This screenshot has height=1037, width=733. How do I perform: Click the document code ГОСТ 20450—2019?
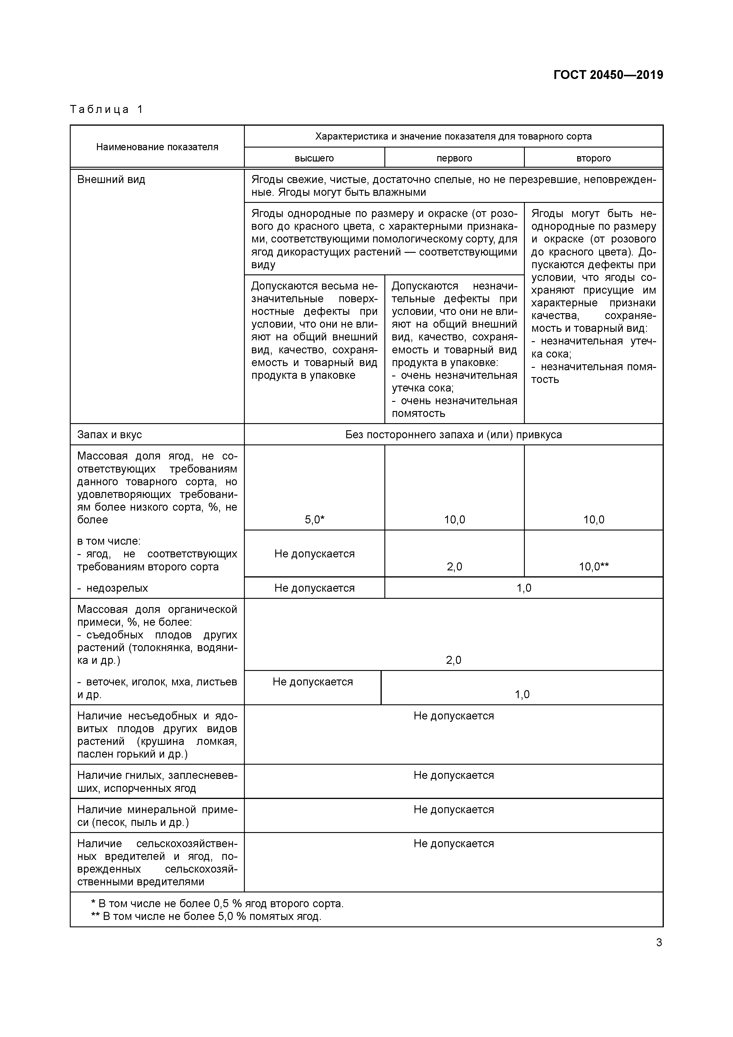point(608,75)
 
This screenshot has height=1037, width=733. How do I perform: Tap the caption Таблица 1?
point(106,109)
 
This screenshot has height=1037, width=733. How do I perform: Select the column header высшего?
point(314,158)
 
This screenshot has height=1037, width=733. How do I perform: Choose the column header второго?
point(593,158)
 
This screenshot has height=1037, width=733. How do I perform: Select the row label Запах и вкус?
point(109,434)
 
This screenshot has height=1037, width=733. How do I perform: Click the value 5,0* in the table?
point(314,520)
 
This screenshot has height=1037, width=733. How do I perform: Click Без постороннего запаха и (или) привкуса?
point(454,434)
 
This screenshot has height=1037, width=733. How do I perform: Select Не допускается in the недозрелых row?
point(314,588)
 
